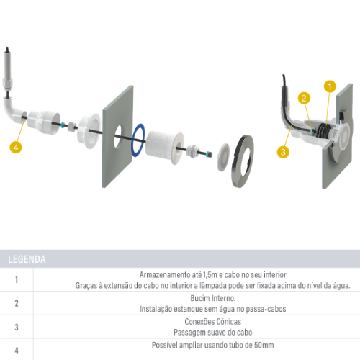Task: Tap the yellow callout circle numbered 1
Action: (330, 86)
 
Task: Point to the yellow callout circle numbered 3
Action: (283, 151)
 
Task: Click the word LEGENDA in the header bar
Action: (27, 259)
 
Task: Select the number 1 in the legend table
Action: (17, 280)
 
